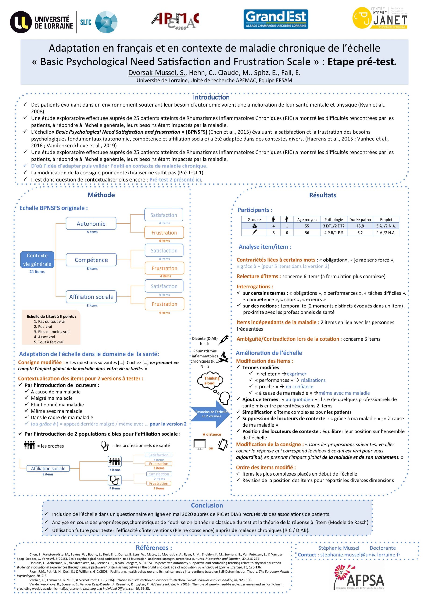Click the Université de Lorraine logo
pos(42,22)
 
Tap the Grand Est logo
pos(276,19)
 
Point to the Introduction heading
pos(211,97)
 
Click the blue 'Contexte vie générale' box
pos(37,260)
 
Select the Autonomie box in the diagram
pos(91,224)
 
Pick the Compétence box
pos(91,260)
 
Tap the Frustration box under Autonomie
pos(164,232)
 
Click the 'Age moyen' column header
pos(307,219)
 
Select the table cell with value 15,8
pos(360,226)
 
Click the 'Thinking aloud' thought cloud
pos(210,381)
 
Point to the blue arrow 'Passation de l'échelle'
pos(210,414)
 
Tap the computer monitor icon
pos(200,445)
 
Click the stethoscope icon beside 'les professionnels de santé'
pos(105,446)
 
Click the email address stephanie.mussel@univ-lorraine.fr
pos(360,555)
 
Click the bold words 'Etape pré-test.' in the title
pos(362,62)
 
